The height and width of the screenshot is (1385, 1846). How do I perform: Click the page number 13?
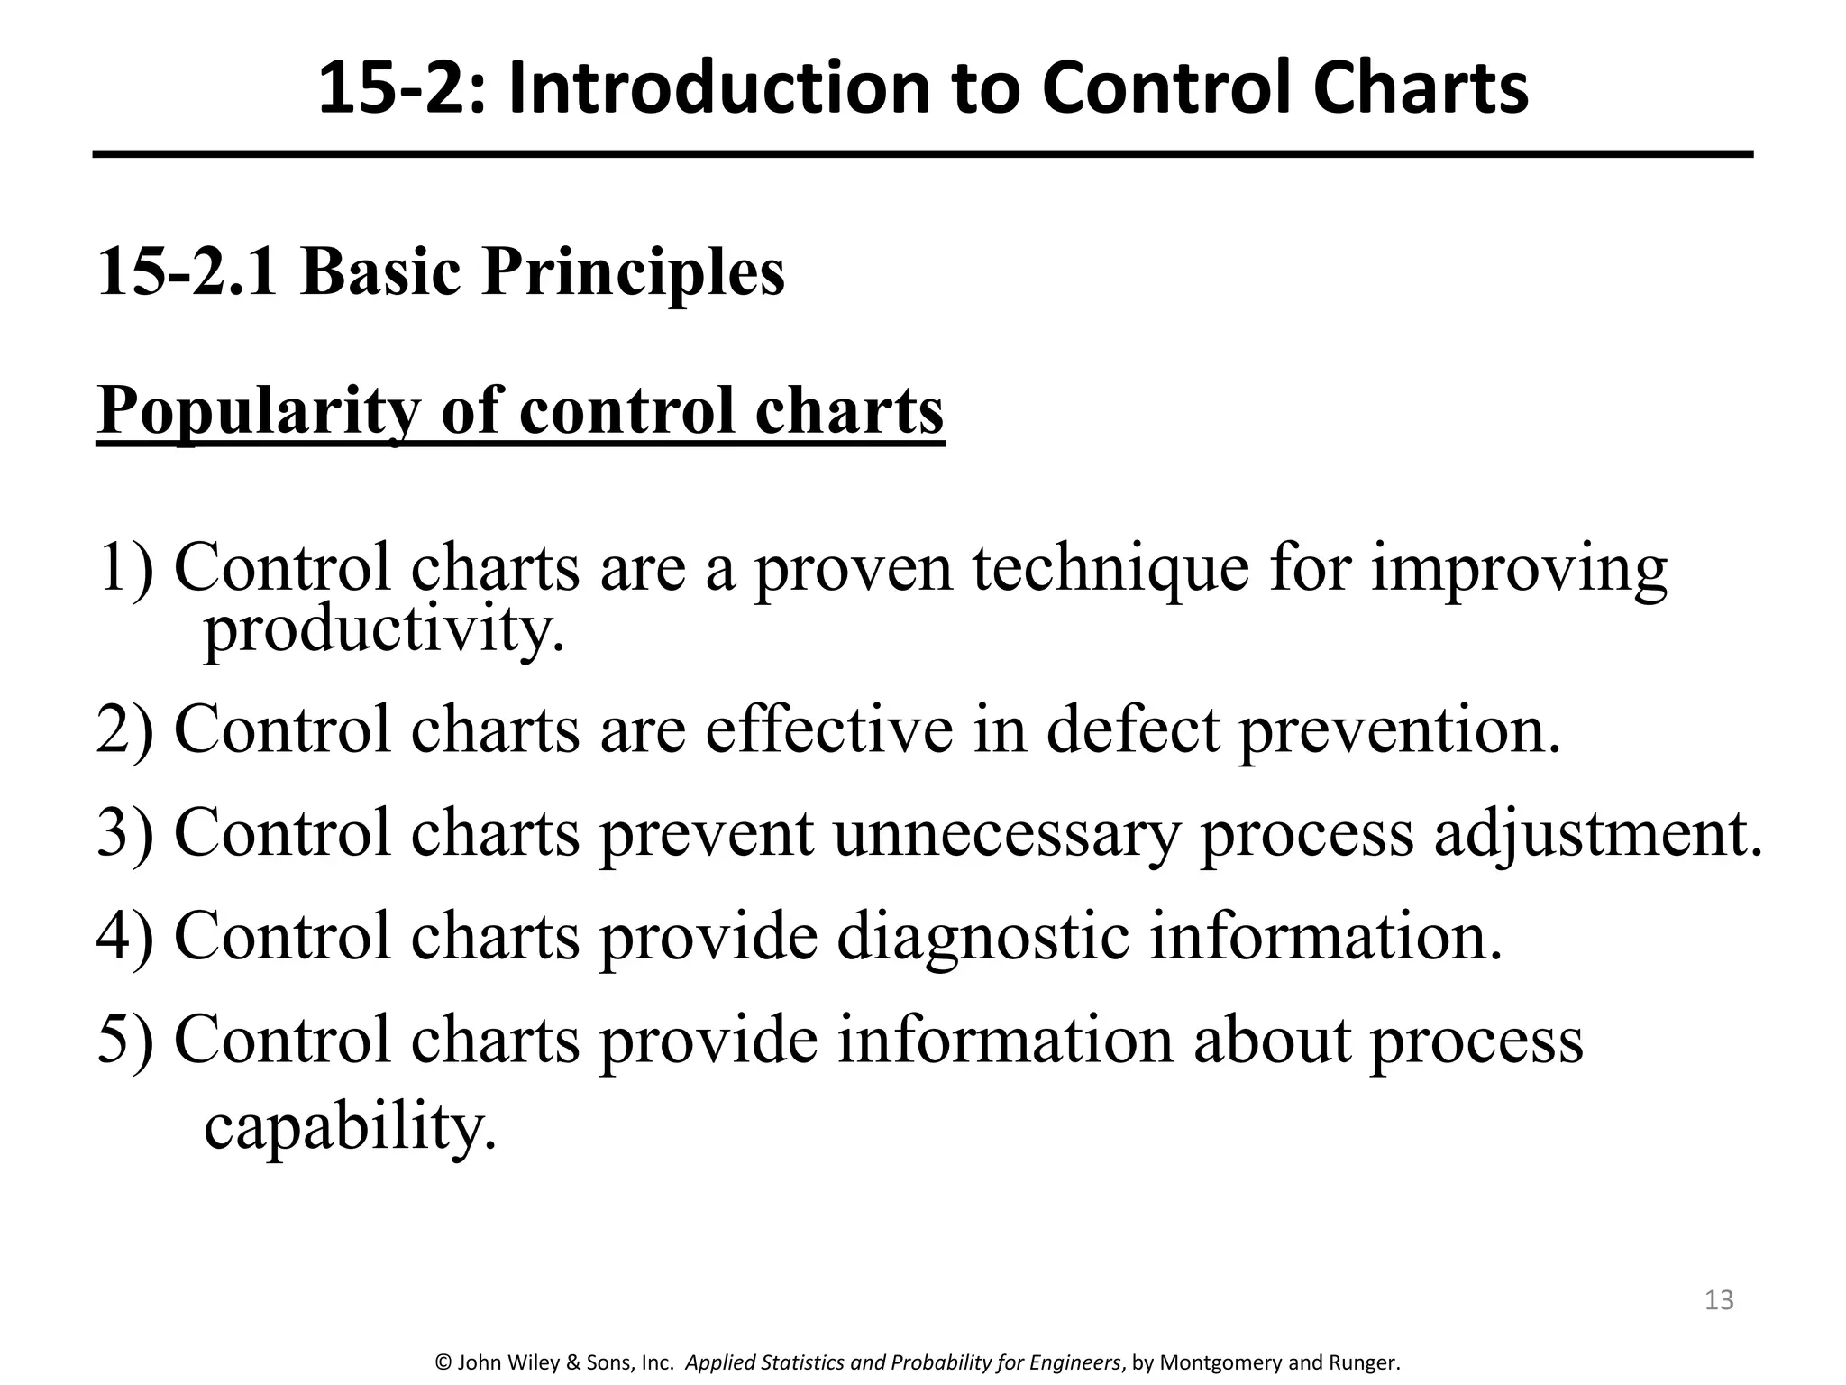tap(1719, 1299)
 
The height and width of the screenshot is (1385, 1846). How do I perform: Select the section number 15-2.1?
tap(187, 271)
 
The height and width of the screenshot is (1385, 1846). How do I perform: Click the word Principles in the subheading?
tap(633, 271)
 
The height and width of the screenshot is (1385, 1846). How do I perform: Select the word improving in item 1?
tap(1519, 570)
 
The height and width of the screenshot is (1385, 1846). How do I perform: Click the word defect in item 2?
tap(1133, 729)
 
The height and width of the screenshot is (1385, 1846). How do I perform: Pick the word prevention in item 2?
tap(1399, 729)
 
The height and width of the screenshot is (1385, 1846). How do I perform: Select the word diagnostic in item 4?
tap(982, 937)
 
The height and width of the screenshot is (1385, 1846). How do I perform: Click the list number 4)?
tap(124, 937)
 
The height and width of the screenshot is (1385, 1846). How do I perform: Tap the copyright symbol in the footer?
tap(443, 1362)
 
